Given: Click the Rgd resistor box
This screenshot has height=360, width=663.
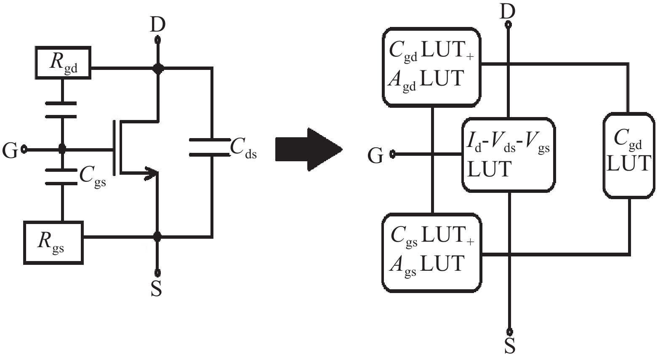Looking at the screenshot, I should (x=63, y=63).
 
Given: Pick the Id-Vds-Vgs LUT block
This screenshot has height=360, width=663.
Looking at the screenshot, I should (x=508, y=155).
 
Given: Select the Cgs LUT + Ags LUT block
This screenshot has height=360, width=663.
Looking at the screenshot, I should (x=431, y=252).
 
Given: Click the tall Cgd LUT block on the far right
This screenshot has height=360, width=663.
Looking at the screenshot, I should (x=629, y=155).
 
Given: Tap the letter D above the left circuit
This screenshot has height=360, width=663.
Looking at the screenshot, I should (x=157, y=25).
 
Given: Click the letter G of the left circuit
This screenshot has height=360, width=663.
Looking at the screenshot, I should (x=10, y=150).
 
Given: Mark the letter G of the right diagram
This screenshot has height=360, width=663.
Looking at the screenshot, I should (x=375, y=156).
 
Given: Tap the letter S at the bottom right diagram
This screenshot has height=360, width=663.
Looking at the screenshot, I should (x=510, y=346).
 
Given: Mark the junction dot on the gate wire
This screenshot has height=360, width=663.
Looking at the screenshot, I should (x=62, y=149).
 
